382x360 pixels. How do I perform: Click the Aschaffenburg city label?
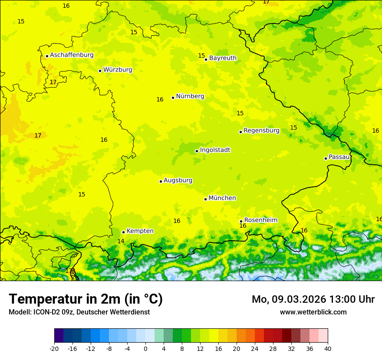pos(72,55)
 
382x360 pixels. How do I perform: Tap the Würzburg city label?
pos(118,70)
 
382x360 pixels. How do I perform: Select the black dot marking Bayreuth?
pos(206,59)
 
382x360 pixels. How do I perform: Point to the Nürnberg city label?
pos(190,96)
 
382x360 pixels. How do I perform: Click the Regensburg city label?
pos(261,131)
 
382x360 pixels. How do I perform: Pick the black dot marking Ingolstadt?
pos(197,151)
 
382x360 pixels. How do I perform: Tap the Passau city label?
pos(339,157)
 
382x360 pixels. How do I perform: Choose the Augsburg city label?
pos(178,180)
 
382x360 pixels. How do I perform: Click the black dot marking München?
pos(205,199)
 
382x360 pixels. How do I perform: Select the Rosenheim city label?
pos(260,220)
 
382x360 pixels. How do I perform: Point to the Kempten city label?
pos(140,231)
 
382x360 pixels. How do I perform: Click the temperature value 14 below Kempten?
pos(121,241)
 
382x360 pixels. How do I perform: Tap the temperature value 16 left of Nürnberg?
pos(160,100)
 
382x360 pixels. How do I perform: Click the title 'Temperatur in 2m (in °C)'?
pos(86,299)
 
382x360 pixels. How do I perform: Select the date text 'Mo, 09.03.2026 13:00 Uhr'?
pos(313,299)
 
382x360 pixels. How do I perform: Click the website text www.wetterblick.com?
pos(313,312)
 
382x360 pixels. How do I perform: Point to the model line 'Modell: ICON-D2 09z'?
pos(79,312)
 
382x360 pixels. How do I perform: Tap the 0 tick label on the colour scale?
pos(145,349)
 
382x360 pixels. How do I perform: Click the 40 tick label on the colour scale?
pos(327,349)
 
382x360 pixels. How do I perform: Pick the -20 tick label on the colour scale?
pos(54,349)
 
